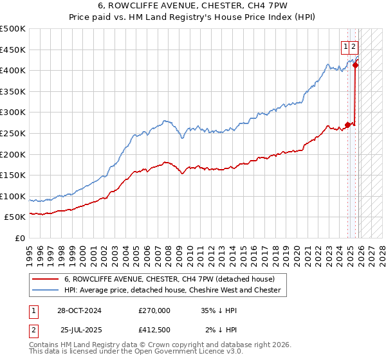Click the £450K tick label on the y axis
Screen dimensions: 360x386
point(13,50)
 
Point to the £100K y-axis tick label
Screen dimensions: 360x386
point(13,196)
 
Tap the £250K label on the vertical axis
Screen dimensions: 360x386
point(13,133)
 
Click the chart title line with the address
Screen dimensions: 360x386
point(193,7)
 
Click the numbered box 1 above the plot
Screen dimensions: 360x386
point(346,46)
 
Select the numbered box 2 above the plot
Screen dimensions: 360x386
point(354,46)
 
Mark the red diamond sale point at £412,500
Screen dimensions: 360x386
point(356,65)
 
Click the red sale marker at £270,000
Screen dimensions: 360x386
point(348,125)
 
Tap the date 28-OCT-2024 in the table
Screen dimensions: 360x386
point(79,310)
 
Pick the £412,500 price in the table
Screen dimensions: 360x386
point(154,330)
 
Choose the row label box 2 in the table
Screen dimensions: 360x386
point(33,330)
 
